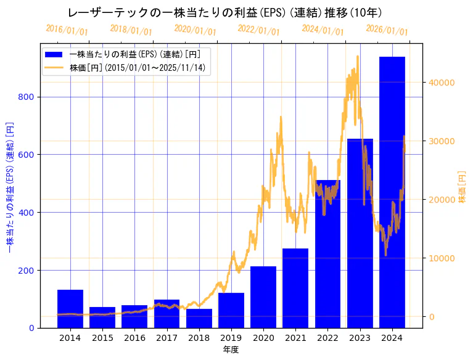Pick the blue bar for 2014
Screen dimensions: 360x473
(70, 308)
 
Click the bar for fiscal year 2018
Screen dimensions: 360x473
(199, 318)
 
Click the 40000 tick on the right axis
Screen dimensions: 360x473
(442, 83)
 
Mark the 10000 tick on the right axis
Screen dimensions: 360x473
(442, 258)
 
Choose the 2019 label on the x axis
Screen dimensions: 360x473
(231, 338)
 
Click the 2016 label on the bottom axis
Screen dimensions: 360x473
(134, 338)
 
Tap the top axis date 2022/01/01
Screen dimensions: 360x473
(259, 30)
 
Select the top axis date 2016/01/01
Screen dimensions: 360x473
(67, 30)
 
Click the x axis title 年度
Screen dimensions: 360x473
(231, 350)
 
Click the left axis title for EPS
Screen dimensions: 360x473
(9, 186)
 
